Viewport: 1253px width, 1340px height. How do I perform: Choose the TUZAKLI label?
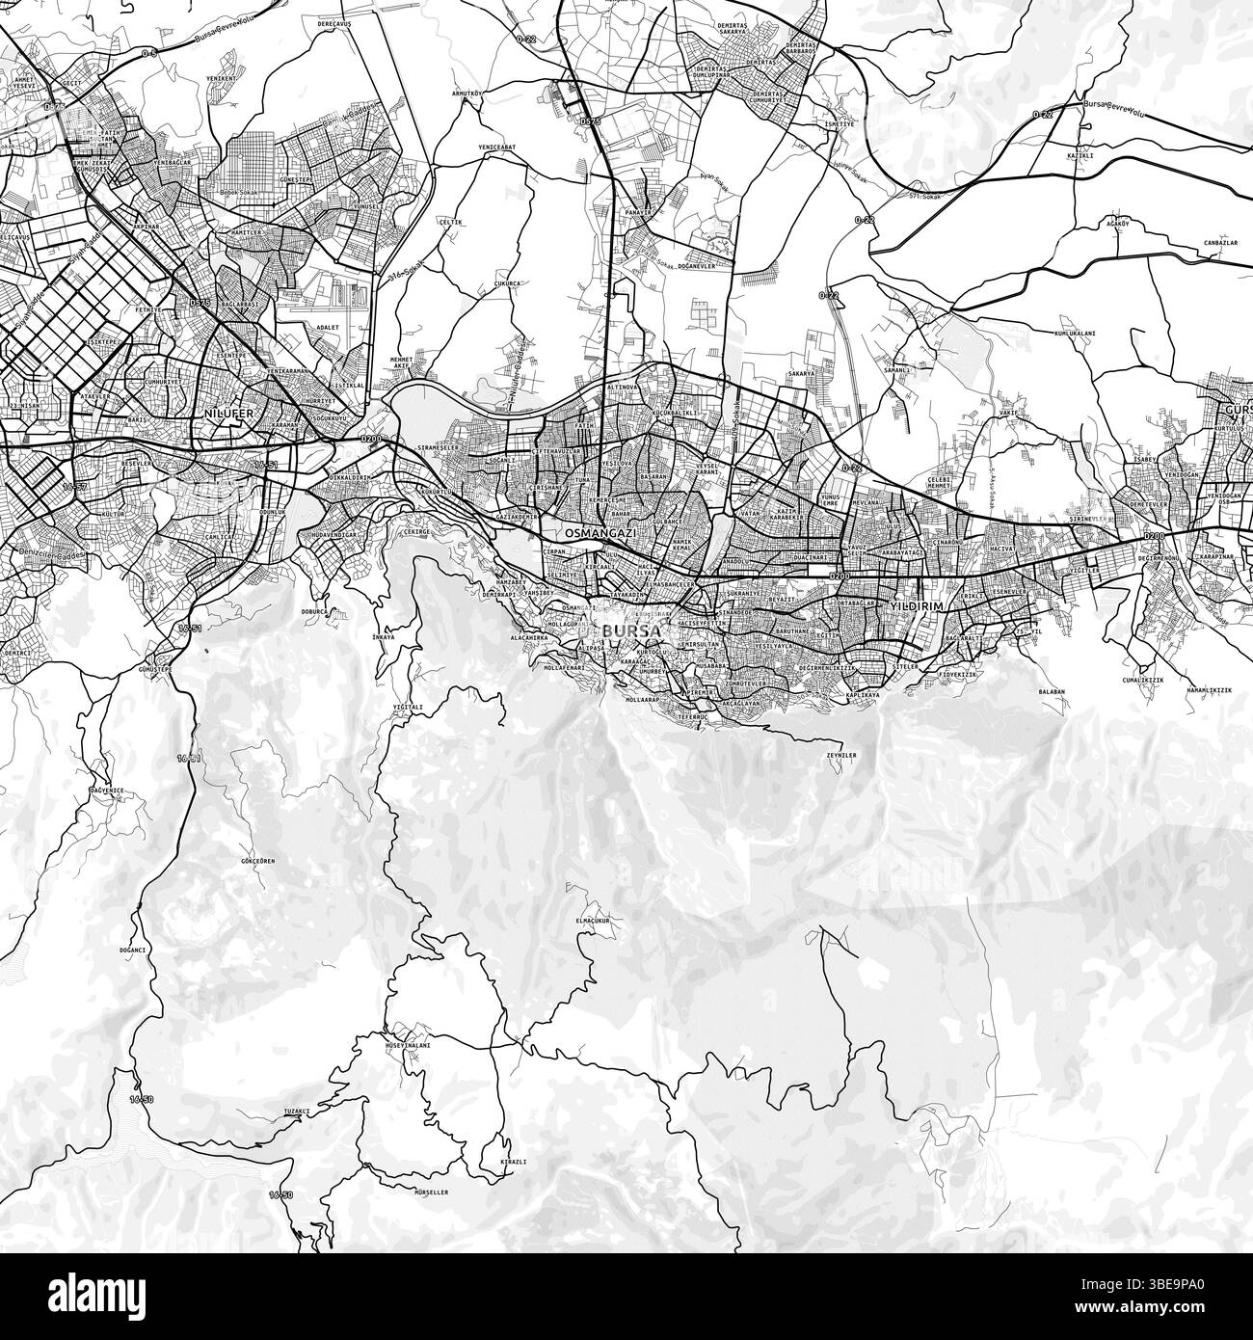pyautogui.click(x=295, y=1112)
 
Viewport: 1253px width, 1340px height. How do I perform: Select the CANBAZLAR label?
pyautogui.click(x=1214, y=243)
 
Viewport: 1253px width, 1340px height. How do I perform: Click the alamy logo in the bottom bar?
pyautogui.click(x=626, y=1296)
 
